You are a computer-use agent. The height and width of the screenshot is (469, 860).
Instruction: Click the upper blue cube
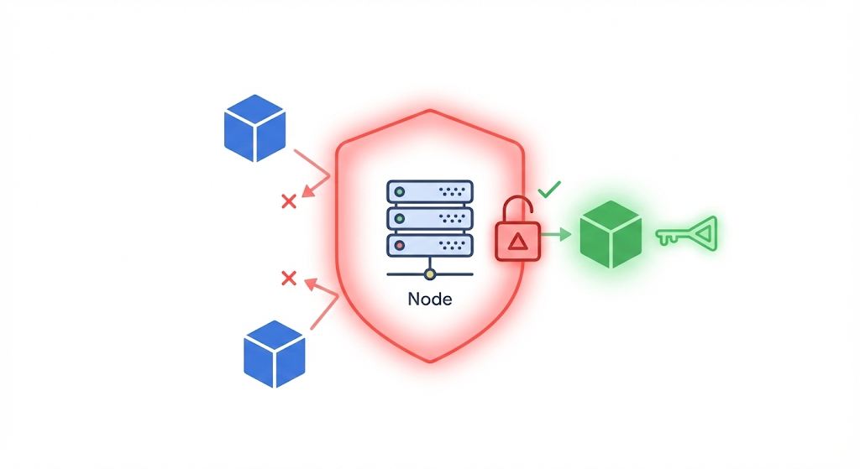pyautogui.click(x=255, y=128)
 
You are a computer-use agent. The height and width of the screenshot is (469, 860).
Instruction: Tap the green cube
pyautogui.click(x=611, y=234)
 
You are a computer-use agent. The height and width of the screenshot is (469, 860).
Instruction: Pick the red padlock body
pyautogui.click(x=518, y=242)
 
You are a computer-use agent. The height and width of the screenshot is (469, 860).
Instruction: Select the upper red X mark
pyautogui.click(x=288, y=201)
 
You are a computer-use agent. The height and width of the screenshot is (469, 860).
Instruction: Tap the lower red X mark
pyautogui.click(x=288, y=278)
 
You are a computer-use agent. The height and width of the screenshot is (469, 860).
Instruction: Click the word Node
pyautogui.click(x=429, y=299)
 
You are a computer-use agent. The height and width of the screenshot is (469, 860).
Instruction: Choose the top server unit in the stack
pyautogui.click(x=428, y=192)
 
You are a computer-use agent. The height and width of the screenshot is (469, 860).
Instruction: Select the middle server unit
pyautogui.click(x=428, y=219)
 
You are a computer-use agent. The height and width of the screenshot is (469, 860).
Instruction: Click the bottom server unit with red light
pyautogui.click(x=428, y=246)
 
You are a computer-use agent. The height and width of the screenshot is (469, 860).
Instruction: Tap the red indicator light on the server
pyautogui.click(x=400, y=246)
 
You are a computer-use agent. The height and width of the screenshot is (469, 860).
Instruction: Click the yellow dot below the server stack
pyautogui.click(x=430, y=274)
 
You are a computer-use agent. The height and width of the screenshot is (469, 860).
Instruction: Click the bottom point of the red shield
pyautogui.click(x=430, y=361)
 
